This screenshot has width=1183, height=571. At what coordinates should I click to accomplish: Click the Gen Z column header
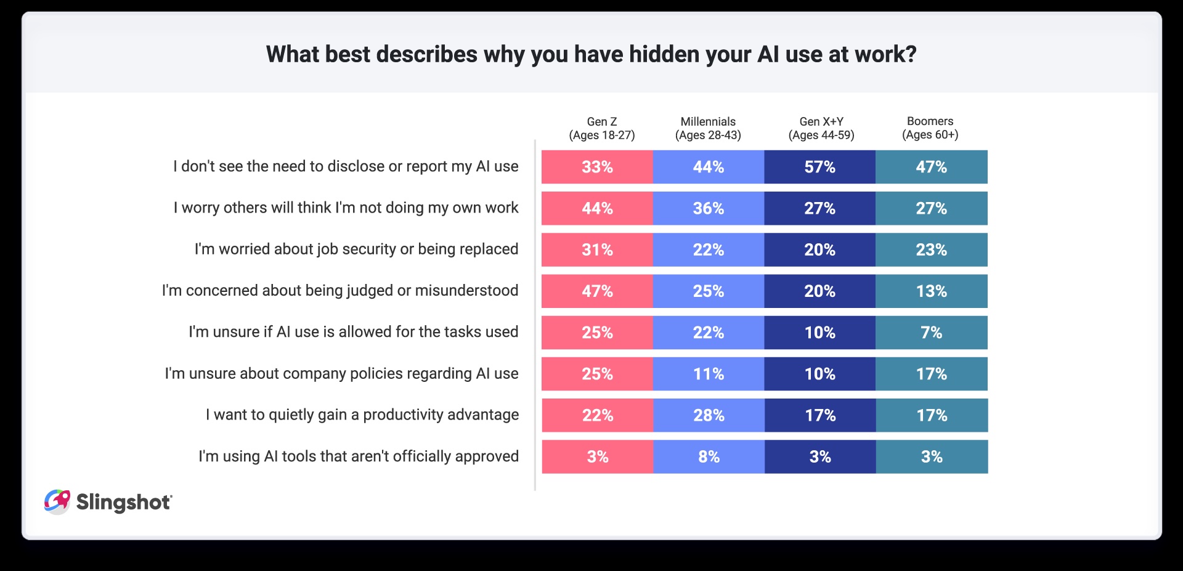601,128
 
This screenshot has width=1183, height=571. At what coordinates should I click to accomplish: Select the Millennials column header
708,128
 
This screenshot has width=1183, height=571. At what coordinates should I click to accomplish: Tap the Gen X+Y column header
821,128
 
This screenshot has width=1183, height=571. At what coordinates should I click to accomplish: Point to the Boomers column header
930,128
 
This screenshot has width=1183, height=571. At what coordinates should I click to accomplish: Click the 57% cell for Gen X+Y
819,167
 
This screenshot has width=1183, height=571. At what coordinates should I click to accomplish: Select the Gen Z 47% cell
597,291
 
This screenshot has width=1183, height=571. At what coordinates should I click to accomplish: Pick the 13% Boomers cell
931,291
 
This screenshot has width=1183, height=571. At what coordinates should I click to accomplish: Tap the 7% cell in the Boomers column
931,333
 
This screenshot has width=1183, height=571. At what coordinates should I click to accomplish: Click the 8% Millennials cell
709,456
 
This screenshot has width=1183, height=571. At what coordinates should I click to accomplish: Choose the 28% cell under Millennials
709,415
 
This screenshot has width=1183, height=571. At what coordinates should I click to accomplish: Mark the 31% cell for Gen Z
597,249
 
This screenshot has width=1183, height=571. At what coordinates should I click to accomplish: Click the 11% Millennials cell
709,374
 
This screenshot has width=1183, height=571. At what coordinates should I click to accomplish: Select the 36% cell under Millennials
709,208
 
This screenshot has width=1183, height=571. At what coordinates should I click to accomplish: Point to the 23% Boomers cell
931,249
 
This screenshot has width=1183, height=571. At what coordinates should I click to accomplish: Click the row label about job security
356,249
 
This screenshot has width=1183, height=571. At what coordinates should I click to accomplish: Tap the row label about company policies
341,373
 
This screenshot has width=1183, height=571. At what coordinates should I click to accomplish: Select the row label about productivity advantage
362,415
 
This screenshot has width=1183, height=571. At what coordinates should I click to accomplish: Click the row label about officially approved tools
358,456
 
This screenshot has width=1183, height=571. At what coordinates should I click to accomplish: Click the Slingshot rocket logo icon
57,501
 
